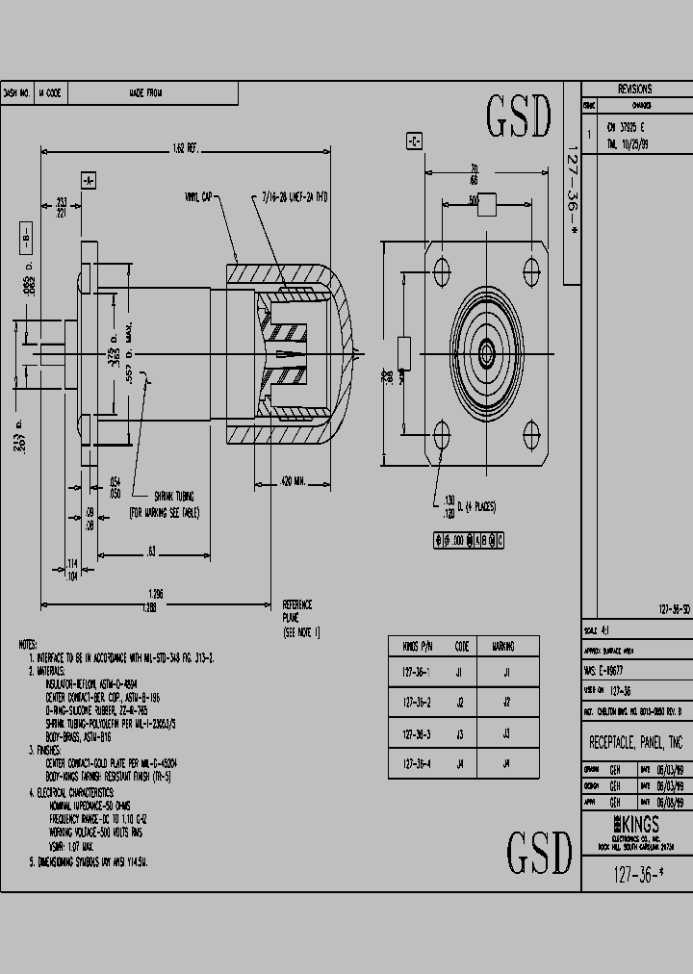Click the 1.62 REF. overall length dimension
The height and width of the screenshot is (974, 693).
pyautogui.click(x=185, y=148)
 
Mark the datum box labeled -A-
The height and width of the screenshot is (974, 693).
pyautogui.click(x=88, y=180)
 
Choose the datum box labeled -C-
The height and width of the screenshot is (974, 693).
pyautogui.click(x=414, y=141)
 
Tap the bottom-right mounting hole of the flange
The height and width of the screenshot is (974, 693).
pyautogui.click(x=534, y=432)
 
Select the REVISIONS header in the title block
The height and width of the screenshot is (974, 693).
pyautogui.click(x=634, y=89)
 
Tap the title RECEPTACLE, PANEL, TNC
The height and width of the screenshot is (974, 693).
pyautogui.click(x=635, y=743)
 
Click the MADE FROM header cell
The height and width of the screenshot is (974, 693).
pyautogui.click(x=146, y=93)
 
